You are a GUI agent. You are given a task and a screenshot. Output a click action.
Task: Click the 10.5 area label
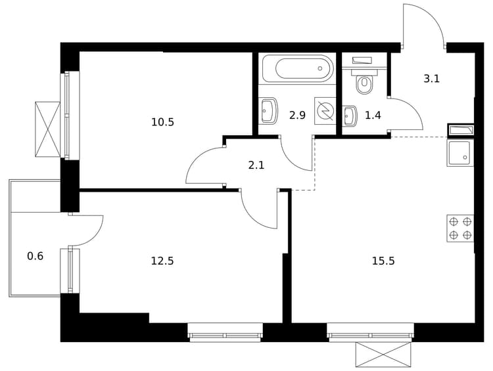[x=162, y=122]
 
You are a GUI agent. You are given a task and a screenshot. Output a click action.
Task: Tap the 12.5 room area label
[x=162, y=261]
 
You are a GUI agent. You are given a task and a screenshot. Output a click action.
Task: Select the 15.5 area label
[x=383, y=261]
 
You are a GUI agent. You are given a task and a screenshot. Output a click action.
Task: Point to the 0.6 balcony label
[x=35, y=256]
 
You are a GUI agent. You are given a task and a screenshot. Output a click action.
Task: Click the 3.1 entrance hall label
[x=431, y=79]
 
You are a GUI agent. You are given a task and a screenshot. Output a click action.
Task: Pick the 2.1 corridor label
[x=256, y=165]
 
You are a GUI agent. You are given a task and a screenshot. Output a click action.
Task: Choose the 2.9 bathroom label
[x=297, y=116]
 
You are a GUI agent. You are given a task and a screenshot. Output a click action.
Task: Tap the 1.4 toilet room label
[x=373, y=116]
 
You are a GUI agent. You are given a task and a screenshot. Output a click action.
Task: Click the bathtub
[x=297, y=69]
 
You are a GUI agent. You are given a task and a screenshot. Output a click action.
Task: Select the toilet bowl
[x=364, y=81]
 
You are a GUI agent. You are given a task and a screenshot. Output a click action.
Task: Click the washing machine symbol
[x=325, y=111]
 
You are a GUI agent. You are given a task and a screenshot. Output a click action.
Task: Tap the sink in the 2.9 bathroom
[x=269, y=110]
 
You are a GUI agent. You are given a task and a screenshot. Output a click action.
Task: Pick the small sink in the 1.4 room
[x=349, y=116]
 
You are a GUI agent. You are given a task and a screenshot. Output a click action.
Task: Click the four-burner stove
[x=460, y=229]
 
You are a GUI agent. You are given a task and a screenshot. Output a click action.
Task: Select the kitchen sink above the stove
[x=460, y=153]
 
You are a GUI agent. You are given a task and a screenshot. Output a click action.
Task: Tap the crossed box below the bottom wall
[x=383, y=355]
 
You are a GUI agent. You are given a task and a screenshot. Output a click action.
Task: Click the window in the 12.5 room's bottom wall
[x=225, y=332]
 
